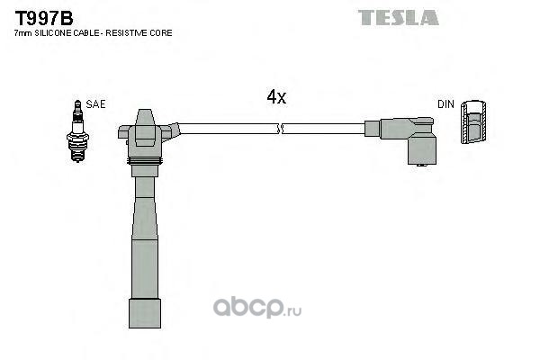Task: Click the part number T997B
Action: click(44, 18)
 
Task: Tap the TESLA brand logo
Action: click(399, 18)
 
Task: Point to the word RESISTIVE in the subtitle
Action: click(126, 33)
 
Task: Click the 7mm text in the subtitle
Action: click(23, 33)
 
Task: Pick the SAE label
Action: click(95, 104)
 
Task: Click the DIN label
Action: click(445, 104)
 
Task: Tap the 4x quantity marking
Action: click(276, 97)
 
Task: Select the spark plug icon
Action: click(77, 130)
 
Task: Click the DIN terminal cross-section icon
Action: click(473, 122)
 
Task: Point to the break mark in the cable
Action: click(280, 129)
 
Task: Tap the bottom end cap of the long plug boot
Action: click(145, 313)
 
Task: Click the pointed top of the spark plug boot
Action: click(144, 116)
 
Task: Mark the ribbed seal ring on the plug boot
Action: click(145, 161)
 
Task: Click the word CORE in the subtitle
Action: click(160, 33)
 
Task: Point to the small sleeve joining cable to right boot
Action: click(373, 129)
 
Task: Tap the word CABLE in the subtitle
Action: click(89, 33)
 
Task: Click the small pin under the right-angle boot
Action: click(422, 166)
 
